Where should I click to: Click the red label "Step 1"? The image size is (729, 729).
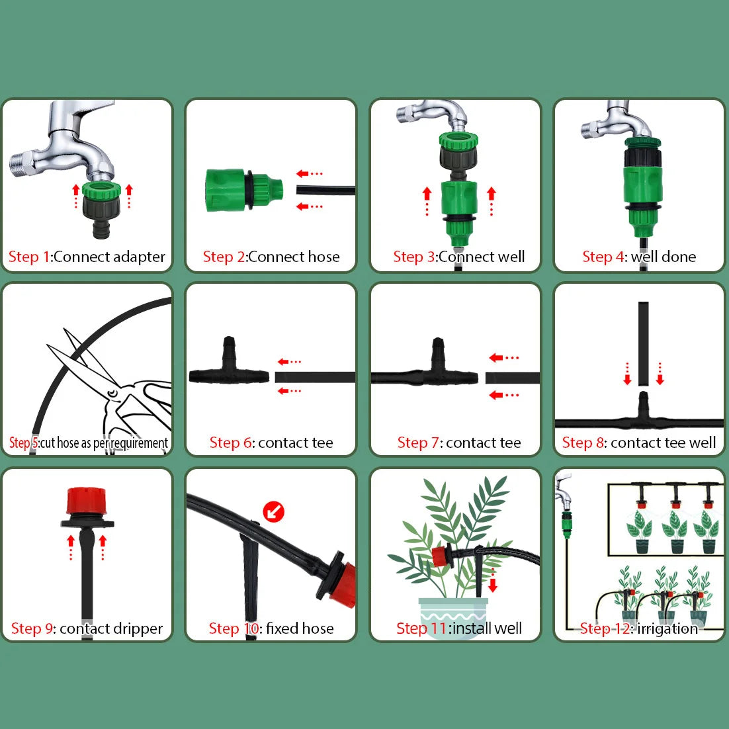click(28, 257)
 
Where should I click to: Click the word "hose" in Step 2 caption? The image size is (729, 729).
click(323, 257)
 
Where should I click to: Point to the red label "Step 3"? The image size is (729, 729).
click(414, 257)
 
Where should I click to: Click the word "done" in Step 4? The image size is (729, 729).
click(679, 257)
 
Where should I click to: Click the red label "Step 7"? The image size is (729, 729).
click(419, 443)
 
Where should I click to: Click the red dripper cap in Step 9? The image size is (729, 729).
click(83, 502)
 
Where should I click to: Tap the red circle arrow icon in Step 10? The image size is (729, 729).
click(273, 511)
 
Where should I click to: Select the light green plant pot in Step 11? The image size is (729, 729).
click(452, 612)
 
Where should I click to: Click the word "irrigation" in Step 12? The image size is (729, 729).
click(667, 628)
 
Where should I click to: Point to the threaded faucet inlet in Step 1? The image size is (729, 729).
click(23, 165)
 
